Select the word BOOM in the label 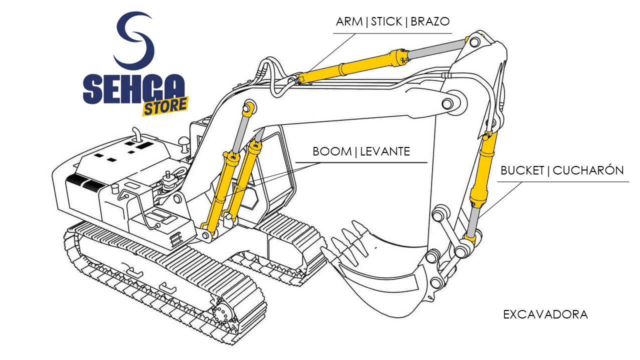pyautogui.click(x=332, y=151)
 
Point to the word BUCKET pyautogui.click(x=522, y=170)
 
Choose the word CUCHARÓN pyautogui.click(x=588, y=170)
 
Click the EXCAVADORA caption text pyautogui.click(x=545, y=314)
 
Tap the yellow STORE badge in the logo pyautogui.click(x=165, y=106)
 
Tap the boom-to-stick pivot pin pyautogui.click(x=448, y=103)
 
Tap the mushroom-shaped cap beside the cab pyautogui.click(x=183, y=140)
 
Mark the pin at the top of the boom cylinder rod pyautogui.click(x=248, y=107)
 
